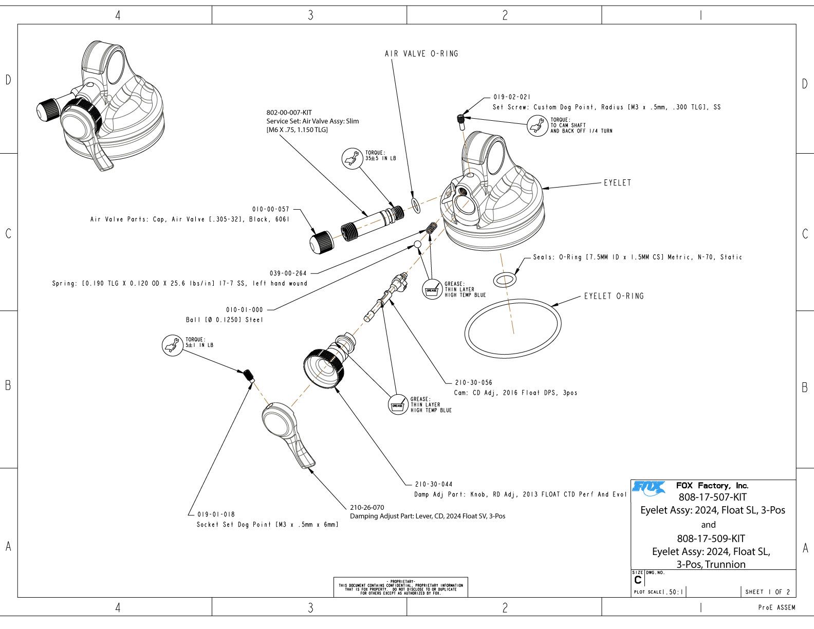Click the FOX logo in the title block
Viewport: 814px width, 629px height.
click(648, 486)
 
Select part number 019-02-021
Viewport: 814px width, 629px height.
click(512, 97)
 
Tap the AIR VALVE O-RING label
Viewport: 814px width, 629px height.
click(421, 53)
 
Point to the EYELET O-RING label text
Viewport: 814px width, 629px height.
click(614, 296)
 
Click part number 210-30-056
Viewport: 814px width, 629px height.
click(473, 383)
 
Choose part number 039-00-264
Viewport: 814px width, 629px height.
click(288, 273)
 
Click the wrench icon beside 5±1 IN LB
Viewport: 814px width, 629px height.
click(172, 345)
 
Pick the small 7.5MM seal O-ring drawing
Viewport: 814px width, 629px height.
click(504, 280)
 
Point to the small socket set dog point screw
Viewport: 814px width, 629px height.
click(249, 375)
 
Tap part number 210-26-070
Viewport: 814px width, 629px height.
click(367, 508)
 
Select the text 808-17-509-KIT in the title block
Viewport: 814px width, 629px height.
click(711, 539)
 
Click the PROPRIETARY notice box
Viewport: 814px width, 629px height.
click(401, 587)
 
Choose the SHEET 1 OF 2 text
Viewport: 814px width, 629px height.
click(768, 592)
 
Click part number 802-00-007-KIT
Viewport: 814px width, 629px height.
click(289, 113)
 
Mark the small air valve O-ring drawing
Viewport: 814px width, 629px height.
click(415, 205)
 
